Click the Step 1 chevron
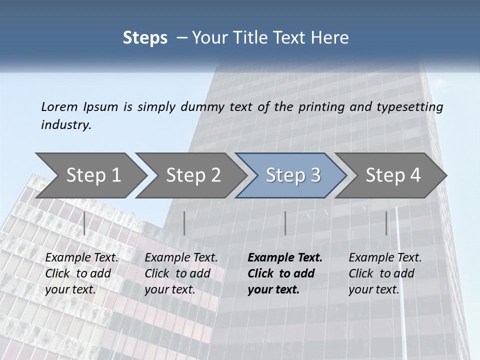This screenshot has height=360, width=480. (92, 175)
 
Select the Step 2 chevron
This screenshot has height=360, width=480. (192, 175)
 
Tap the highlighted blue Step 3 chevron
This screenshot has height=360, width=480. (292, 175)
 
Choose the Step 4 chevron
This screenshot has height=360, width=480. (392, 175)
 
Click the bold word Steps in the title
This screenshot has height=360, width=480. (145, 38)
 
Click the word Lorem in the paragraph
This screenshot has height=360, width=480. (59, 106)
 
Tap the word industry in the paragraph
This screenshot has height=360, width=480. (66, 125)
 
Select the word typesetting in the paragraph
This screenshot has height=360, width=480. (413, 106)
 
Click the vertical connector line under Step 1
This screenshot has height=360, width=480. (84, 223)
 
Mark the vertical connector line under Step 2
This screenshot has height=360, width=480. (184, 223)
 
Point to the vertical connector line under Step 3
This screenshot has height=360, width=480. (285, 223)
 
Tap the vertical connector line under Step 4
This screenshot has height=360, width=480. (386, 223)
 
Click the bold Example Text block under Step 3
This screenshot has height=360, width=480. (285, 273)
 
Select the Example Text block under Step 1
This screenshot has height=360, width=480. (82, 273)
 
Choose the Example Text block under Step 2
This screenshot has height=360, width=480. (181, 273)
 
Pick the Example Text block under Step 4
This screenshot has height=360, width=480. (385, 273)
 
